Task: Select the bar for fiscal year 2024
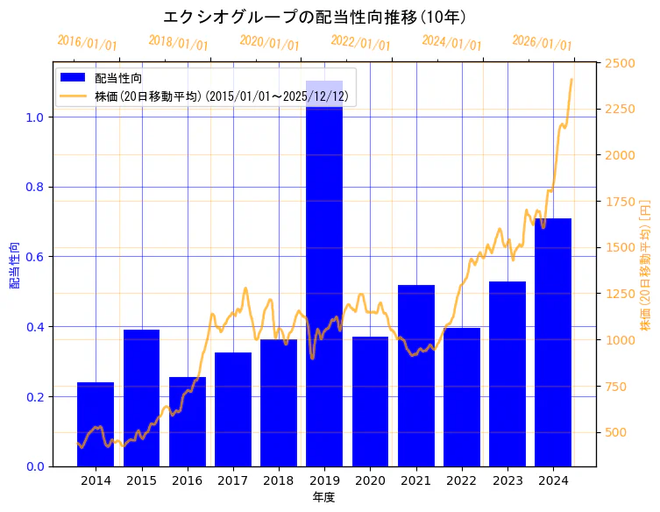click(x=553, y=342)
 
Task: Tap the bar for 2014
click(x=96, y=424)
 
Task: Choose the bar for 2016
click(x=188, y=422)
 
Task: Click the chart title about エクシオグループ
click(x=315, y=17)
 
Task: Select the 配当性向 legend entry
click(x=119, y=78)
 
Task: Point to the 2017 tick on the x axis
click(x=233, y=480)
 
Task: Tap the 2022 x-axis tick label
click(x=462, y=480)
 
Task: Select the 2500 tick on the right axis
click(x=621, y=63)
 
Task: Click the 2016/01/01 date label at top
click(x=87, y=43)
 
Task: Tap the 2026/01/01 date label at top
click(x=542, y=43)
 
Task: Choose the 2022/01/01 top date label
click(x=360, y=43)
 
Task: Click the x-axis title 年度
click(x=323, y=497)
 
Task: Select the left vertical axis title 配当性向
click(x=15, y=265)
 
